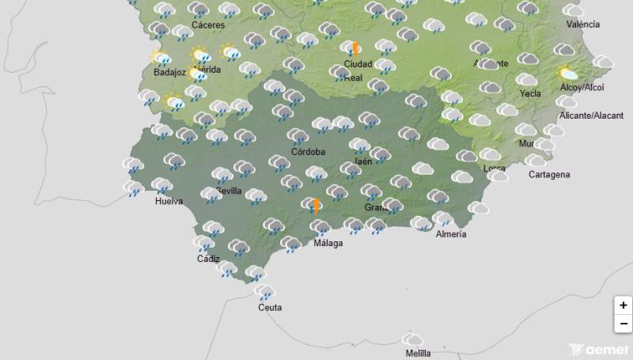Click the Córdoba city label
(x=308, y=151)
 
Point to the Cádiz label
(x=208, y=259)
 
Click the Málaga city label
(x=328, y=243)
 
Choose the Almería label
(x=451, y=234)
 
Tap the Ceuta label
(x=269, y=308)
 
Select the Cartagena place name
(x=548, y=174)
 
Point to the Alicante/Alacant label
(x=591, y=116)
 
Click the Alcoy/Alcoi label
(x=581, y=88)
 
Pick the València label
(x=583, y=25)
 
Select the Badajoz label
(x=169, y=73)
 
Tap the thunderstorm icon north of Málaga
(x=314, y=206)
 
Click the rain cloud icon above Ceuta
(x=265, y=293)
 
